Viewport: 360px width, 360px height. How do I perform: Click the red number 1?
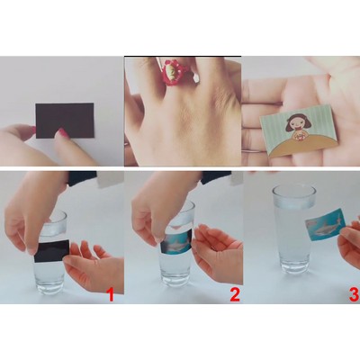[111, 292]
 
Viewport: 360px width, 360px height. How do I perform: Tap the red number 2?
[234, 292]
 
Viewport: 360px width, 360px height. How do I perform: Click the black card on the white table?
[65, 118]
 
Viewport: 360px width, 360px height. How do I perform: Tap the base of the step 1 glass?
[49, 285]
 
